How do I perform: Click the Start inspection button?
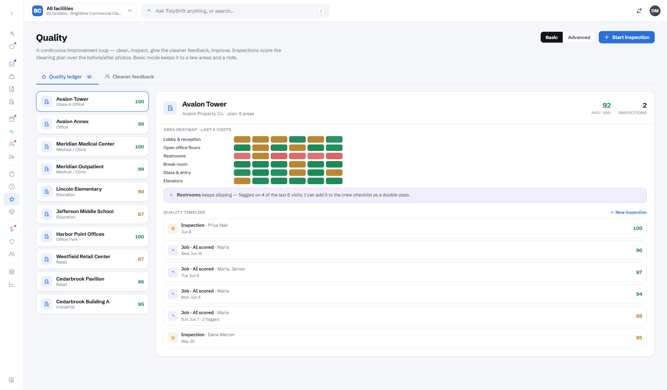click(x=627, y=37)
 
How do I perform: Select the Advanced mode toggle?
click(x=579, y=37)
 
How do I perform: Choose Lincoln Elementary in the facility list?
click(x=92, y=192)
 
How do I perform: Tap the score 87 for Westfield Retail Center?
click(x=141, y=259)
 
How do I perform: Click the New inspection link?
click(x=628, y=212)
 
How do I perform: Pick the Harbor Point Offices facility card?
click(x=92, y=237)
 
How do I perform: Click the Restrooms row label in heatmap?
click(x=175, y=156)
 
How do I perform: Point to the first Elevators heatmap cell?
click(x=242, y=181)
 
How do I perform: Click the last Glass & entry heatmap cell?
click(x=334, y=173)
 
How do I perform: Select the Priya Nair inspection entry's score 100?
click(x=637, y=228)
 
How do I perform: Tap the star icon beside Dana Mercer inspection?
click(x=173, y=338)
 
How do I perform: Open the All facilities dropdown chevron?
click(x=130, y=11)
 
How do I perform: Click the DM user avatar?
click(x=655, y=11)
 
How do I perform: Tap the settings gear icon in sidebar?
click(x=12, y=380)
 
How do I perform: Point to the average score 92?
click(x=607, y=105)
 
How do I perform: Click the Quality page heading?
click(x=52, y=38)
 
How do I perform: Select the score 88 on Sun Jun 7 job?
click(x=639, y=316)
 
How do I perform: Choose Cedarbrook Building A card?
click(x=92, y=304)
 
